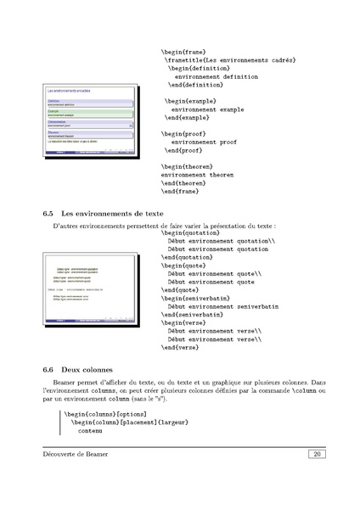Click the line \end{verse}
pos(179,346)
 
